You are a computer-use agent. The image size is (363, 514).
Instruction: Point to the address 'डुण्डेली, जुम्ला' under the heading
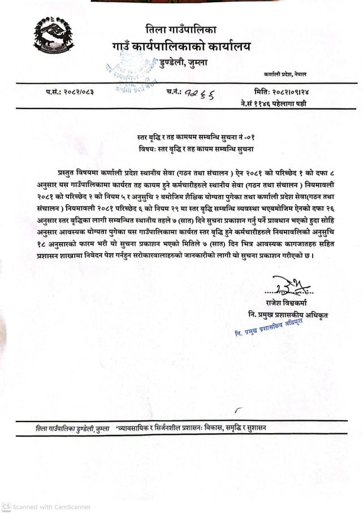(183, 62)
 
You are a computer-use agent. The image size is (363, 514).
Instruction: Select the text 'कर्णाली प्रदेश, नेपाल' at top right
(284, 75)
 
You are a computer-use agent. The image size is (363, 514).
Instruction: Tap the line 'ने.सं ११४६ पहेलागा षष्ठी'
(273, 103)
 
